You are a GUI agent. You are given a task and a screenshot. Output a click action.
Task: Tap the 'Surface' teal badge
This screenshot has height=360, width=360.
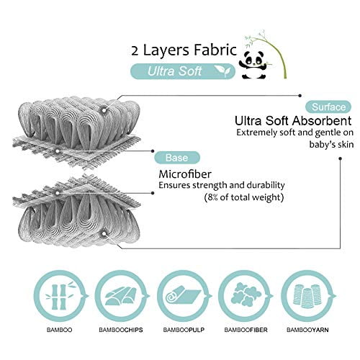tap(328, 107)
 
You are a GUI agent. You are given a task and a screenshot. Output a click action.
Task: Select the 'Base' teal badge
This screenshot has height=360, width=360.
tap(177, 158)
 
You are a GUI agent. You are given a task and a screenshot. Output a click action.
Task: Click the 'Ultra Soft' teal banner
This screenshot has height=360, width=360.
tap(183, 71)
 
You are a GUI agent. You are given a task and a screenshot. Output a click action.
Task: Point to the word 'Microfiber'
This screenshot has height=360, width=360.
tap(185, 174)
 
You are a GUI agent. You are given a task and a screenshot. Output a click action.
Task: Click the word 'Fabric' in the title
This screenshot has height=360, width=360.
tap(215, 50)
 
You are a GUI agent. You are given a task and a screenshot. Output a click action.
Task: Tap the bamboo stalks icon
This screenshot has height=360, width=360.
tap(60, 296)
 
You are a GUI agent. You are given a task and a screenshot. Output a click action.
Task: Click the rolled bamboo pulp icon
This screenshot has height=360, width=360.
tap(183, 297)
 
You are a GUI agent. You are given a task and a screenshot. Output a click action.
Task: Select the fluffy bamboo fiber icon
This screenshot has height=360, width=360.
tap(246, 295)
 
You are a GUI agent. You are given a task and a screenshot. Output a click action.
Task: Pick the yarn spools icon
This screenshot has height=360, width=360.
tap(307, 296)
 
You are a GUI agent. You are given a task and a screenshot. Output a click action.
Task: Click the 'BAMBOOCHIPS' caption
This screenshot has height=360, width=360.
tap(121, 330)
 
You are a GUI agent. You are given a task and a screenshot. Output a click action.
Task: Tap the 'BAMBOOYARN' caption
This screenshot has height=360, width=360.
tap(307, 330)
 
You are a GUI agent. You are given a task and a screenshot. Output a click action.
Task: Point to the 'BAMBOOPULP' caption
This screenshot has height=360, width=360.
tap(184, 330)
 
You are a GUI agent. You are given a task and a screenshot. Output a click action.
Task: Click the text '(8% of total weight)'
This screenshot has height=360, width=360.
tap(244, 197)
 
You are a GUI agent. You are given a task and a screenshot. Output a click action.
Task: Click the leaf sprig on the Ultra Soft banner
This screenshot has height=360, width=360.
tap(222, 71)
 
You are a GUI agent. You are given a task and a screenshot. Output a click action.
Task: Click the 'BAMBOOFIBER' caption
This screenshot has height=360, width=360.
tap(246, 330)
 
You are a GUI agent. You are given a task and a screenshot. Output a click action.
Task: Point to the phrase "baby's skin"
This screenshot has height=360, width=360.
tap(331, 145)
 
